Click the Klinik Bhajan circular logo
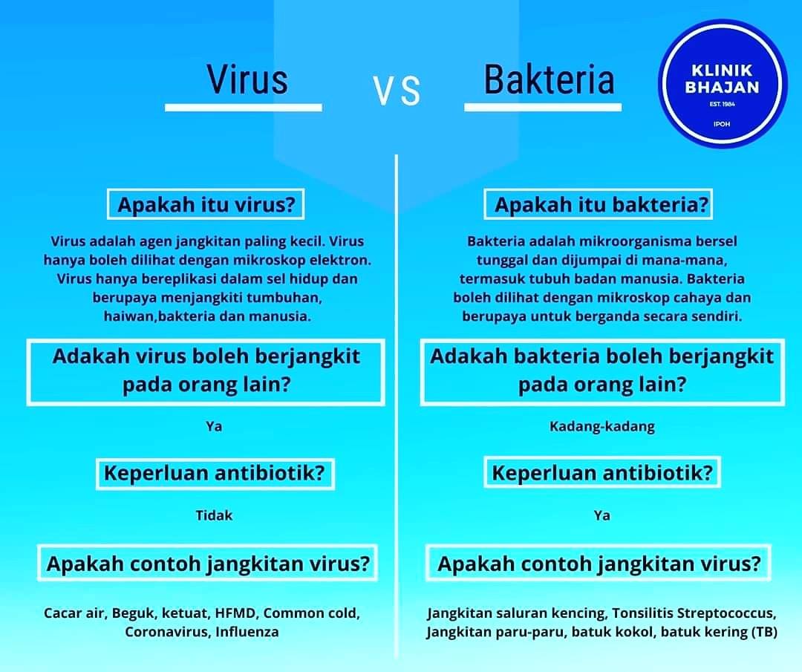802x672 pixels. [x=721, y=84]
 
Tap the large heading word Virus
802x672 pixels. [x=247, y=79]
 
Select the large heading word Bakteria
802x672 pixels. [x=549, y=79]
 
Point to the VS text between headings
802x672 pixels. [x=397, y=91]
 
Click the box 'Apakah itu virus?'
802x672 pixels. [x=206, y=204]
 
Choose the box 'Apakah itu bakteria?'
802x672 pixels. [x=598, y=204]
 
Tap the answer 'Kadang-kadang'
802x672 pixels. [x=602, y=426]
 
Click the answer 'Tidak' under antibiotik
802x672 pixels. [x=214, y=515]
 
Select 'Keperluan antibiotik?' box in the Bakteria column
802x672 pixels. [x=602, y=472]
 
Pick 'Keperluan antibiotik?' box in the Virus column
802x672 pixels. [x=215, y=472]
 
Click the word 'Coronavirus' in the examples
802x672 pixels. [x=167, y=632]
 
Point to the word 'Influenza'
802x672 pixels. [x=247, y=632]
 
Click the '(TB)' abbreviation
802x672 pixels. [x=764, y=632]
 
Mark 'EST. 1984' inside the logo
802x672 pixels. [x=722, y=105]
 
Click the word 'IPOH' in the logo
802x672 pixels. [x=722, y=124]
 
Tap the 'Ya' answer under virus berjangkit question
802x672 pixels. [x=214, y=426]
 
